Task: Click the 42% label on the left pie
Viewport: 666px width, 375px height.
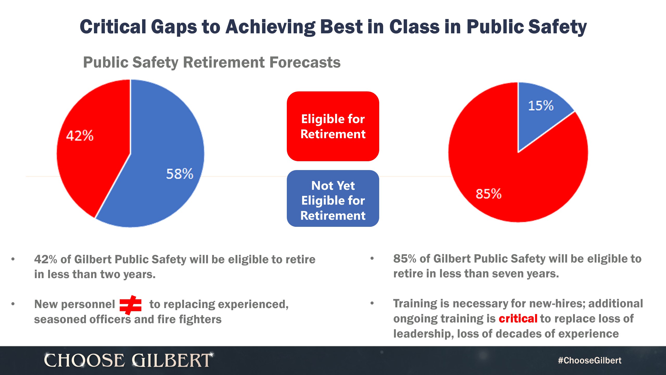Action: pyautogui.click(x=80, y=136)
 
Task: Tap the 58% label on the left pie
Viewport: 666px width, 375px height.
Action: pyautogui.click(x=180, y=174)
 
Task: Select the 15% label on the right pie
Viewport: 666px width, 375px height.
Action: pyautogui.click(x=541, y=106)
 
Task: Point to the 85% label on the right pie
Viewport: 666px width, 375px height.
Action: pyautogui.click(x=489, y=194)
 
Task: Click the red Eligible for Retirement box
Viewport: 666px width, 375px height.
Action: pyautogui.click(x=333, y=126)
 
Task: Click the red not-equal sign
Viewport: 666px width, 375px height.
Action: pyautogui.click(x=131, y=305)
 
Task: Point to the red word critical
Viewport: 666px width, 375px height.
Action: pyautogui.click(x=518, y=319)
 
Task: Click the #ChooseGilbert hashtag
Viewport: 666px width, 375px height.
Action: pyautogui.click(x=589, y=360)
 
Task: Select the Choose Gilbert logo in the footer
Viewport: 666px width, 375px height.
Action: pyautogui.click(x=128, y=360)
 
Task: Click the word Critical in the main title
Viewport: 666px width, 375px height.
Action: pyautogui.click(x=113, y=27)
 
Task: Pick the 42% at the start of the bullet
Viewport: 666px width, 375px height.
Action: pyautogui.click(x=46, y=259)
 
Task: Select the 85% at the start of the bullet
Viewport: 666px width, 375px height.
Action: pyautogui.click(x=405, y=259)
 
